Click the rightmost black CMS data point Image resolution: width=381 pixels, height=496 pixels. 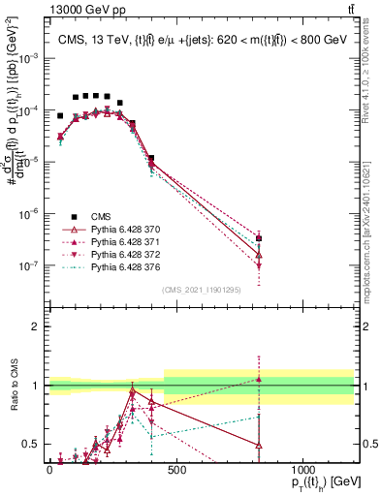(259, 238)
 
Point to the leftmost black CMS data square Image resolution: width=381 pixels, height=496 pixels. (60, 115)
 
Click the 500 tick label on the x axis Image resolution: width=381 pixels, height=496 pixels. (175, 470)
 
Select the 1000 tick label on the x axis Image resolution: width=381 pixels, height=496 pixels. (302, 470)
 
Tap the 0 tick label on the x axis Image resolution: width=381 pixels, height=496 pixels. (49, 470)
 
